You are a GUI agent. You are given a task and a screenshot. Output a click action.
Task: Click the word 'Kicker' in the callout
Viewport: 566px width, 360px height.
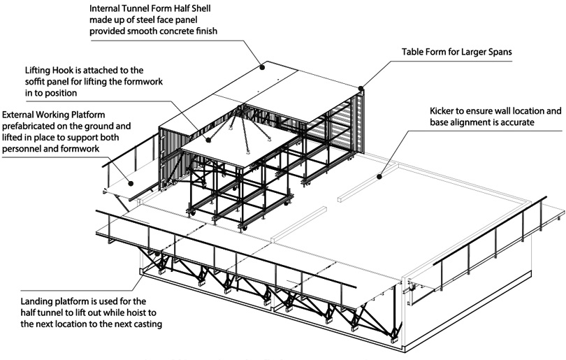[444, 111]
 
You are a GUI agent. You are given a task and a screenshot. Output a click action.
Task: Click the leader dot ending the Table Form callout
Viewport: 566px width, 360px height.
[361, 88]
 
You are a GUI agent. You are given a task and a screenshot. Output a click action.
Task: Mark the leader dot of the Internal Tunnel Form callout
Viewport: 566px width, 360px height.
[263, 67]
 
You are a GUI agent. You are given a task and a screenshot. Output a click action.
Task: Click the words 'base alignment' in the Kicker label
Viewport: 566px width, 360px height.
[462, 123]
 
